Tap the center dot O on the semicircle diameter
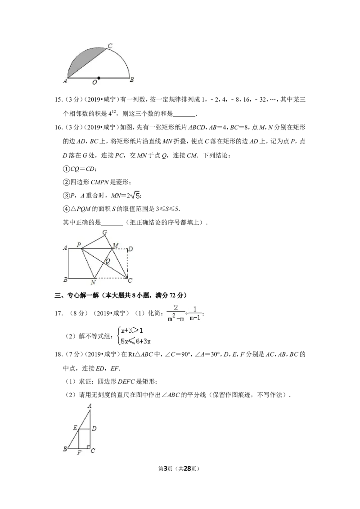[x=99, y=78]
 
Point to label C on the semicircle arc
[x=110, y=46]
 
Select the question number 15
[x=58, y=100]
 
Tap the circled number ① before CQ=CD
[x=66, y=169]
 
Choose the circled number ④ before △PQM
[x=66, y=209]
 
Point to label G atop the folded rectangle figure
[x=104, y=232]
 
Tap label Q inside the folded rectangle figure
[x=108, y=261]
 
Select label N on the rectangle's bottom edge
[x=93, y=282]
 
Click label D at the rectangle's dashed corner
[x=130, y=249]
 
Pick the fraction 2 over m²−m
[x=176, y=313]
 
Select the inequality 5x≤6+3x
[x=135, y=341]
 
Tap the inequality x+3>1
[x=132, y=331]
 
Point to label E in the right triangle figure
[x=75, y=428]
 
